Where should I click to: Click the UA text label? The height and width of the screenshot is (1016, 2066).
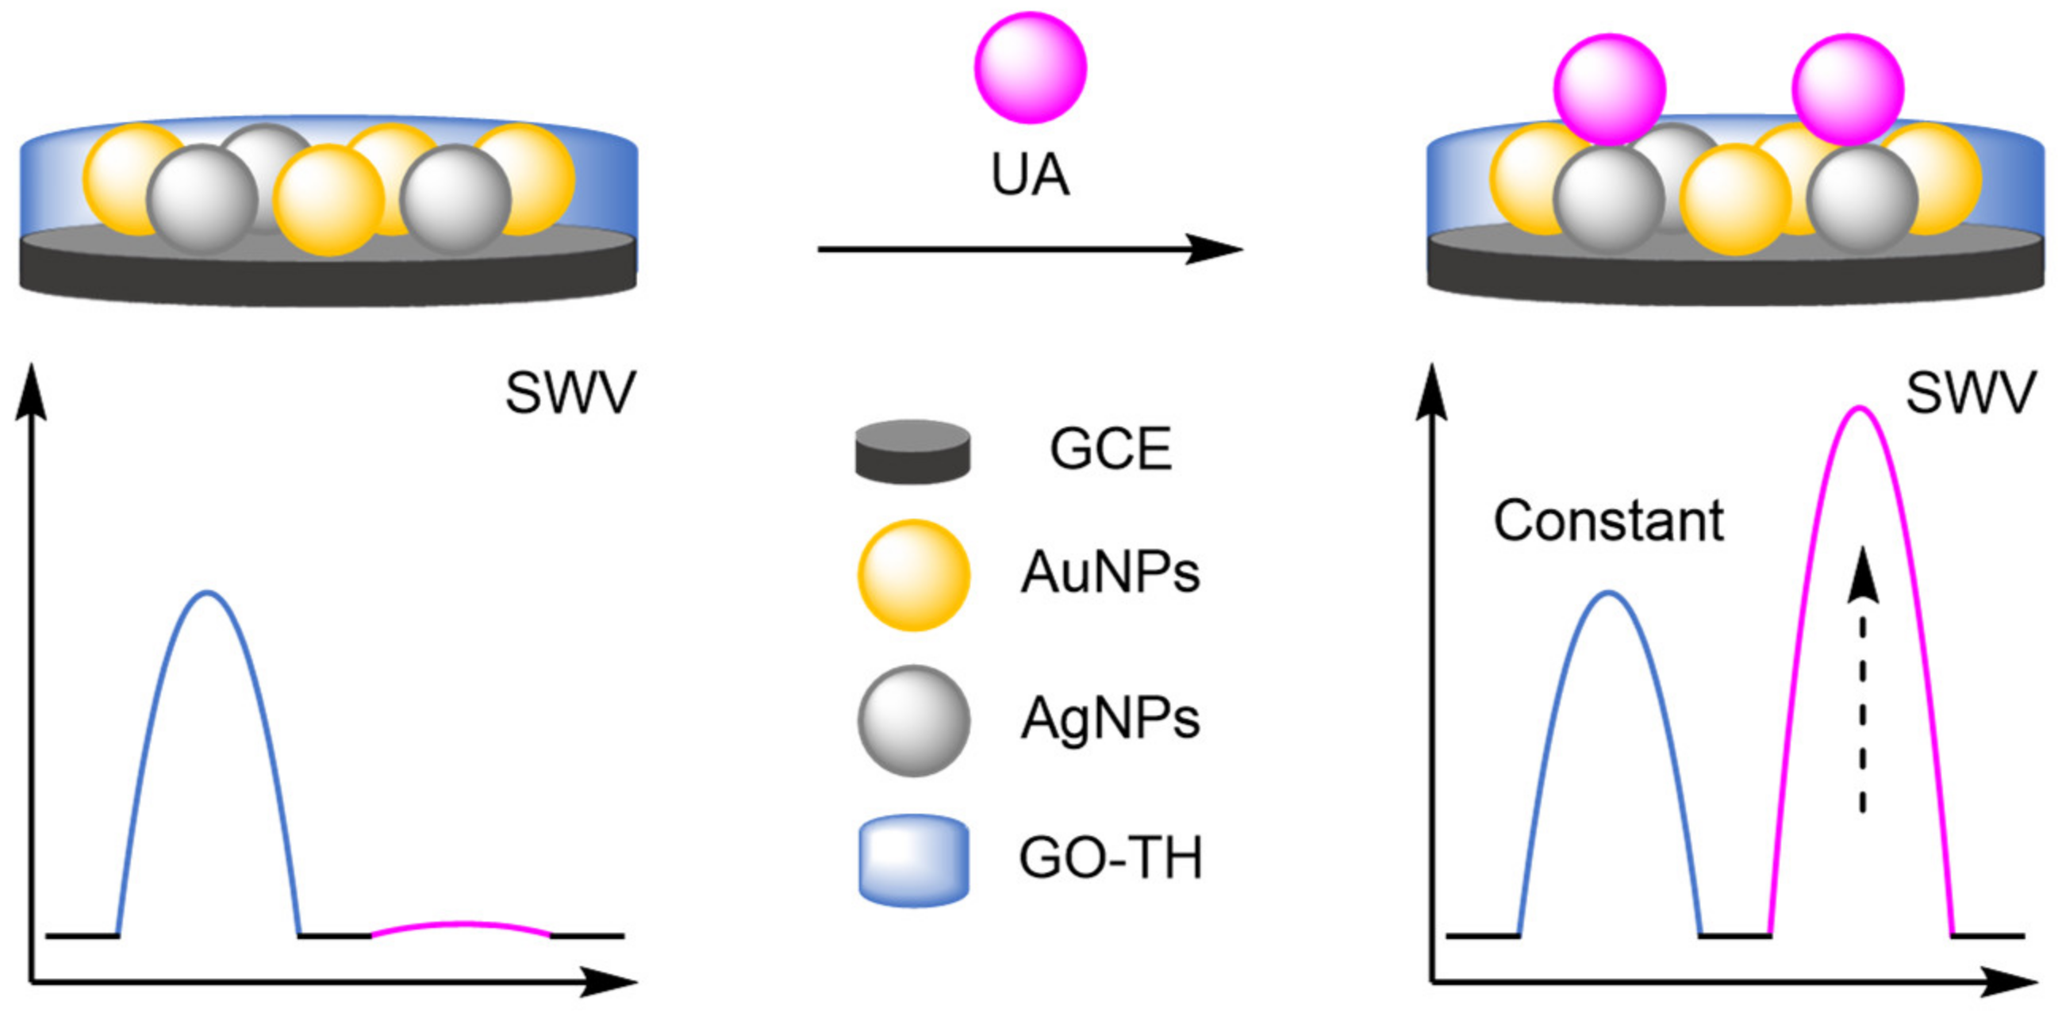(1030, 175)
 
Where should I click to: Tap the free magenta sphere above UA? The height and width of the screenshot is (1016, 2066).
(1030, 67)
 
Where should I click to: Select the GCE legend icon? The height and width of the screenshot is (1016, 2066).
(912, 451)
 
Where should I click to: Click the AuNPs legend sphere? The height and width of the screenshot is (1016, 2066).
(913, 575)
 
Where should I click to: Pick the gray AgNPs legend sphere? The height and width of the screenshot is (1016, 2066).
(913, 720)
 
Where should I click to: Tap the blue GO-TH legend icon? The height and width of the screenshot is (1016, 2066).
(913, 861)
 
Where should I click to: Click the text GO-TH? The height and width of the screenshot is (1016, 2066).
(1111, 859)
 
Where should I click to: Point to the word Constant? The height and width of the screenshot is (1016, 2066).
(1608, 521)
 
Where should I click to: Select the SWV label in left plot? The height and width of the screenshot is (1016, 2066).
(570, 393)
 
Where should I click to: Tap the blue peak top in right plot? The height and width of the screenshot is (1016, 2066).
(1609, 593)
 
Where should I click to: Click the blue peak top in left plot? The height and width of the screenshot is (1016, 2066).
(209, 593)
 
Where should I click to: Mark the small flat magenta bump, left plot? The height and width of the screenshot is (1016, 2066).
(460, 925)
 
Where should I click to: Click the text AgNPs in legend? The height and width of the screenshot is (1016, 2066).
(1110, 719)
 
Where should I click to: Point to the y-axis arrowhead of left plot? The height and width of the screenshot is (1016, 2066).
(30, 389)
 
